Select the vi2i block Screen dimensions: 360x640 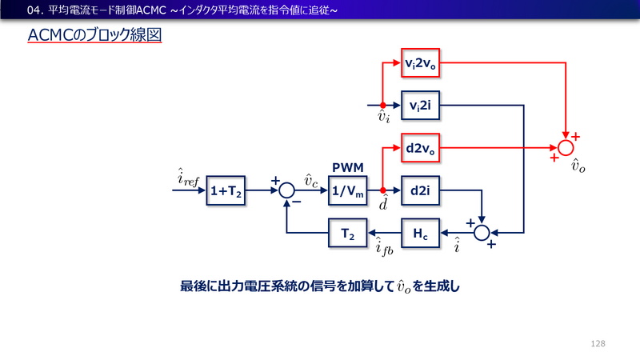click(x=421, y=105)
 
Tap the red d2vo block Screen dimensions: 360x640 click(x=421, y=148)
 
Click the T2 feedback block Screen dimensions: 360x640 click(x=347, y=234)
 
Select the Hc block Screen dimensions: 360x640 click(x=421, y=234)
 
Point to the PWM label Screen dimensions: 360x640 click(x=347, y=168)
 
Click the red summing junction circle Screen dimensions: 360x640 click(x=566, y=148)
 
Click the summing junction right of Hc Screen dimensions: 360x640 click(x=482, y=233)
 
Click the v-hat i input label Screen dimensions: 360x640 click(x=385, y=119)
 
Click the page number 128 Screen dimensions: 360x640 click(x=597, y=343)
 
